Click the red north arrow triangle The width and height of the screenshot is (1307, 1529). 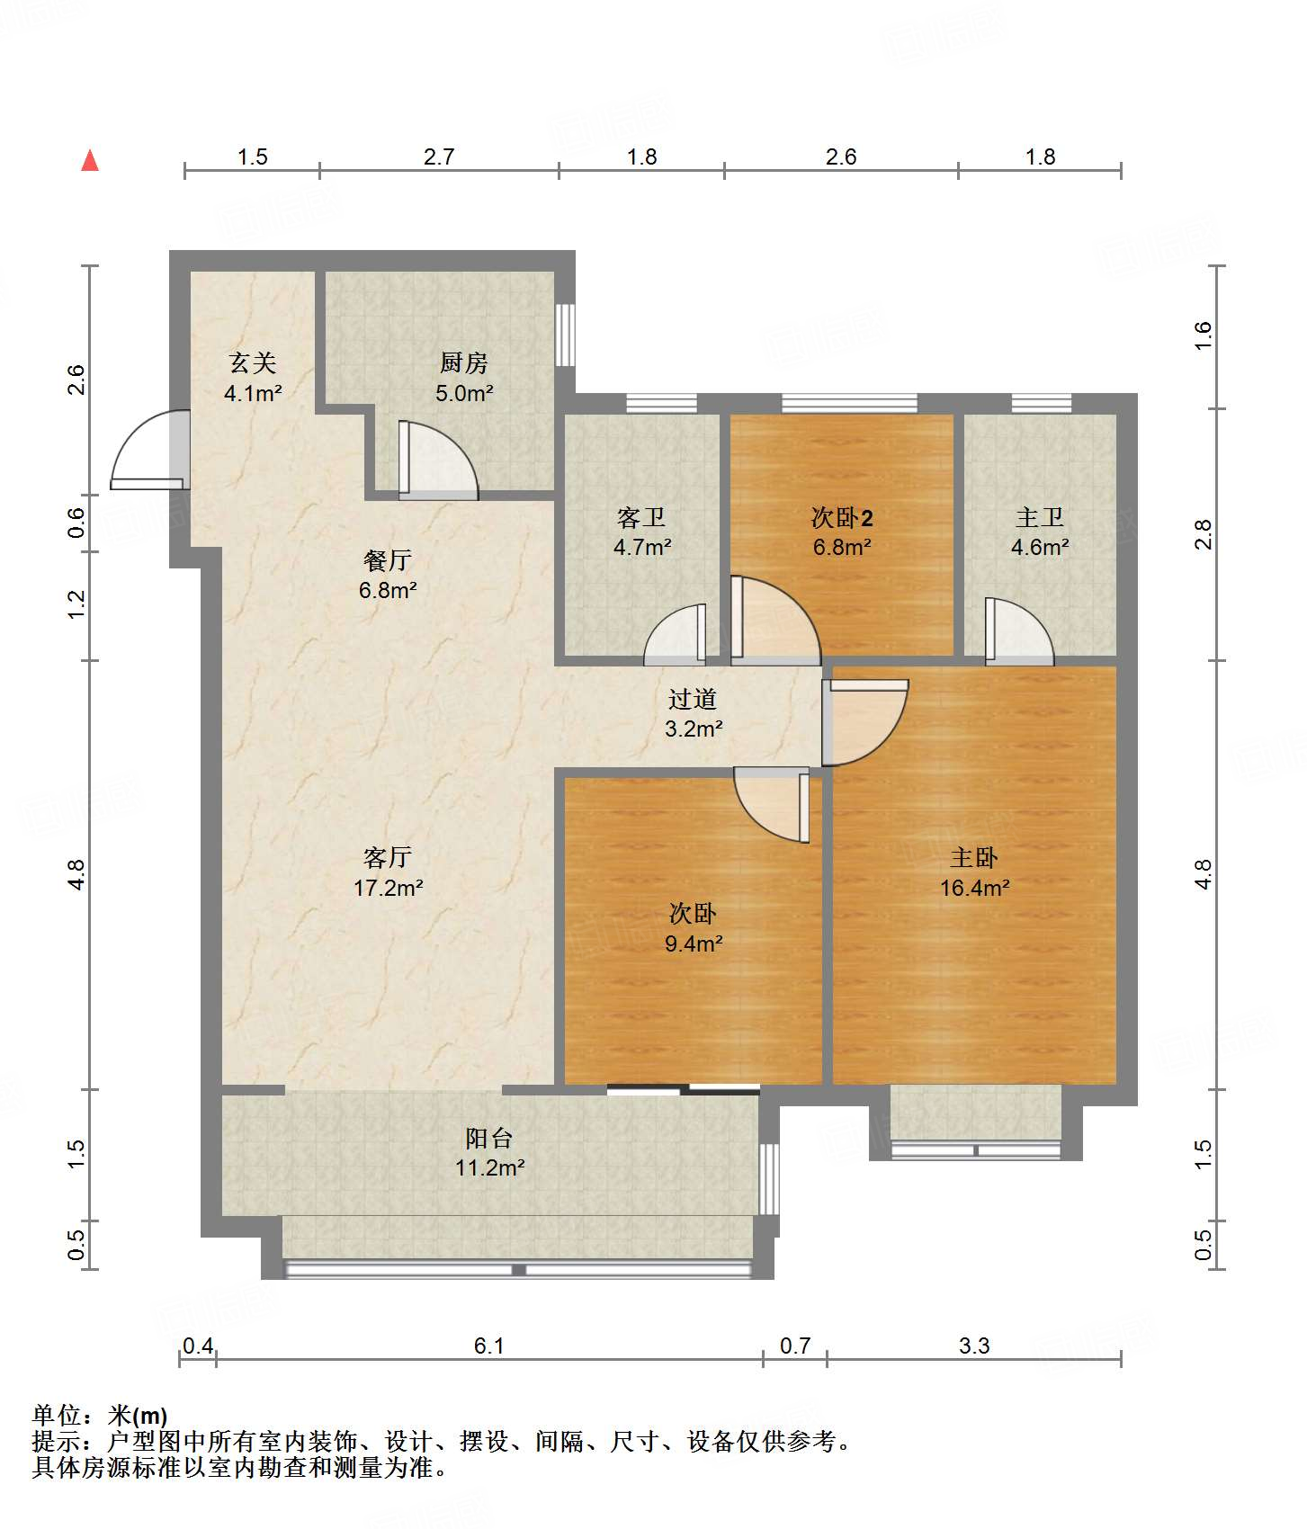pyautogui.click(x=90, y=161)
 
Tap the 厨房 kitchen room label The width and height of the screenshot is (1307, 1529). pyautogui.click(x=464, y=362)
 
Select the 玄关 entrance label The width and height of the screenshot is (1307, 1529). pyautogui.click(x=253, y=362)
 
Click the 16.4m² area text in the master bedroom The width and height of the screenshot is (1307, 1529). pyautogui.click(x=974, y=888)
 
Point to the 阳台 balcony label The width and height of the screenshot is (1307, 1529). pyautogui.click(x=489, y=1138)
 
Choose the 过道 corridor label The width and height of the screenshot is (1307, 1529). pyautogui.click(x=693, y=699)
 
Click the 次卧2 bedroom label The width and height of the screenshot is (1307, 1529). pyautogui.click(x=842, y=517)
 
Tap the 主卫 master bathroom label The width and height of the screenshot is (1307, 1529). pyautogui.click(x=1040, y=517)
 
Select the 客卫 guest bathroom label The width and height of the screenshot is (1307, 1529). pyautogui.click(x=641, y=517)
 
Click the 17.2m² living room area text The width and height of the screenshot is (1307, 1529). pyautogui.click(x=388, y=888)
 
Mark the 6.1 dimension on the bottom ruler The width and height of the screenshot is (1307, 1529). pyautogui.click(x=489, y=1346)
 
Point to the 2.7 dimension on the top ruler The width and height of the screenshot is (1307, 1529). pyautogui.click(x=439, y=156)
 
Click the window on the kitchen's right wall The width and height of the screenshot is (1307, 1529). pyautogui.click(x=565, y=335)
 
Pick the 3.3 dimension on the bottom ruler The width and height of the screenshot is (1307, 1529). pyautogui.click(x=974, y=1346)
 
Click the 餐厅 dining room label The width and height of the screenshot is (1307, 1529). pyautogui.click(x=388, y=560)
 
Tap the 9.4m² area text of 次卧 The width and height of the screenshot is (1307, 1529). pyautogui.click(x=694, y=943)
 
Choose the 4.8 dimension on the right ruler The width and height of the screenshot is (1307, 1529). pyautogui.click(x=1204, y=874)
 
